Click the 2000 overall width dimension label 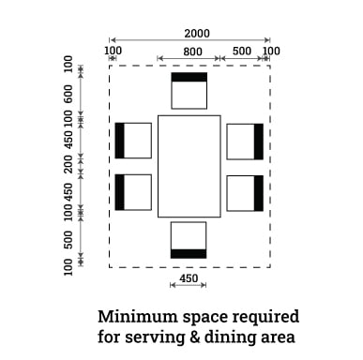197,34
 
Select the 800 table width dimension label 192,52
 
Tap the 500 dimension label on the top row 242,51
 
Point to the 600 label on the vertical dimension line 68,94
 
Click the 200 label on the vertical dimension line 68,164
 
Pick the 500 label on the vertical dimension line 68,240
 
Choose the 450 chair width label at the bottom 189,278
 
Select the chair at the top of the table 189,91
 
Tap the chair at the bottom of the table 189,240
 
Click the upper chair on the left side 133,141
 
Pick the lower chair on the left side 133,192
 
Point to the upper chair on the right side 245,142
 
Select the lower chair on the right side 245,193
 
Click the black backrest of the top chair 189,77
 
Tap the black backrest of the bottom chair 189,254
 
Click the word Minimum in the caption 138,317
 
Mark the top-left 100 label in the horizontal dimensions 113,51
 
